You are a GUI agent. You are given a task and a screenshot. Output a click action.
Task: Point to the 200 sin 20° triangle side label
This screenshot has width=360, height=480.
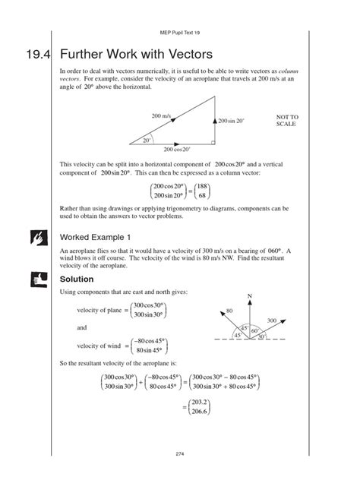(235, 122)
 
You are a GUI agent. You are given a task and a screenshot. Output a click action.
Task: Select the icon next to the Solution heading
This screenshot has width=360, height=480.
(27, 279)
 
